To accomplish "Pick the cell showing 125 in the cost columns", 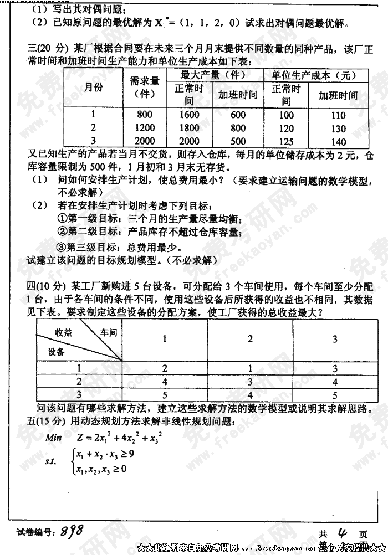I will [286, 141].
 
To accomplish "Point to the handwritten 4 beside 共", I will [343, 533].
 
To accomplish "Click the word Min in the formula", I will [54, 437].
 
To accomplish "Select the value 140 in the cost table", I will [338, 142].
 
